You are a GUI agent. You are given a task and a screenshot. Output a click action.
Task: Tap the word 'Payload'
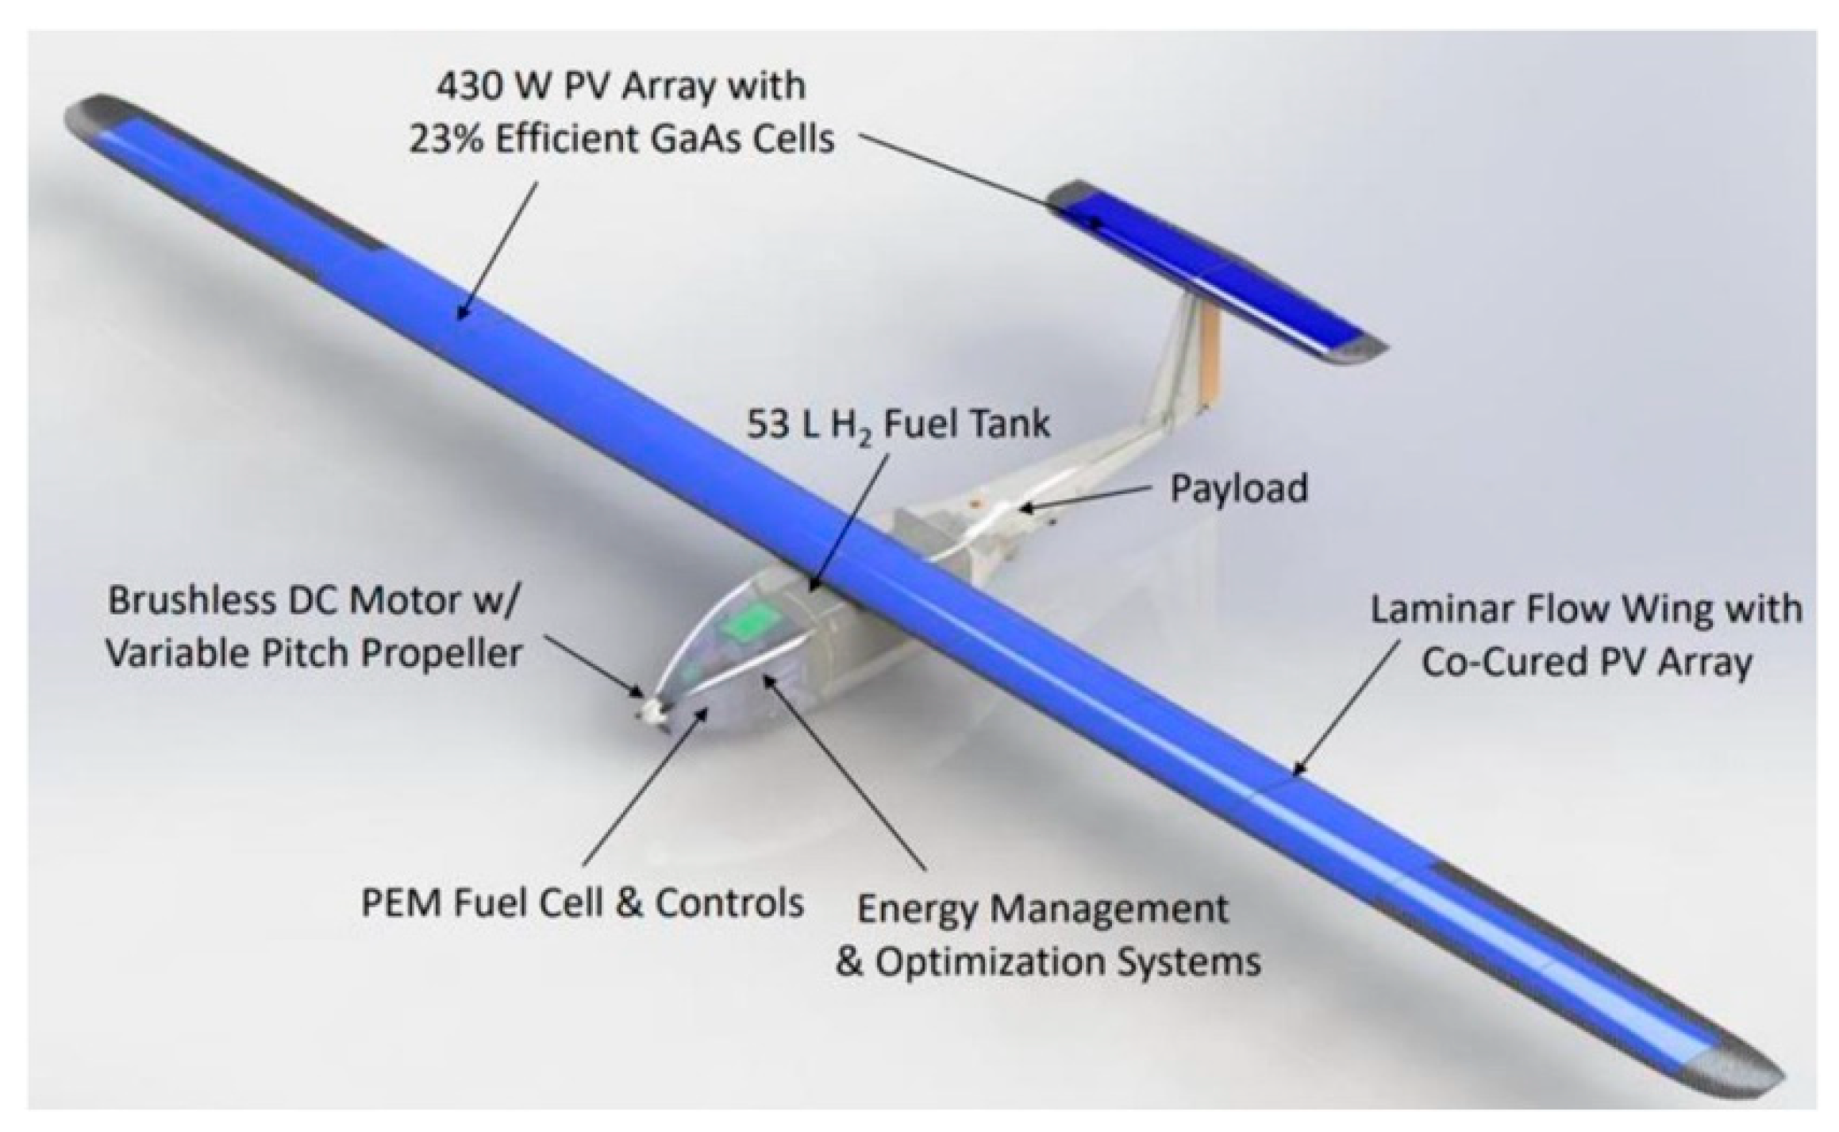click(1238, 489)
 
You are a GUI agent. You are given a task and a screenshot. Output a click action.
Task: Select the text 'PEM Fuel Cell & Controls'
click(582, 903)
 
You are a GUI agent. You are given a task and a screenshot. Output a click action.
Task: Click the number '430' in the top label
click(473, 86)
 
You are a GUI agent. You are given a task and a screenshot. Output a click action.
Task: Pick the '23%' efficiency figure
click(444, 140)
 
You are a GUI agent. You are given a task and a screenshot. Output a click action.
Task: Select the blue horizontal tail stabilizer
click(1214, 270)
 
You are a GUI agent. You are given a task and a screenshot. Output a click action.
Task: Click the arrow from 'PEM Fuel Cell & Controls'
click(643, 786)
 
